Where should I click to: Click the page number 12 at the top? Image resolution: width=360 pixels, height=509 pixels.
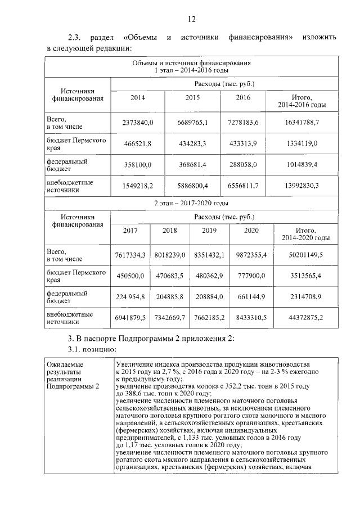191,19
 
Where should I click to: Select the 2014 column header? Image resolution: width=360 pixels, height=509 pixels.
137,97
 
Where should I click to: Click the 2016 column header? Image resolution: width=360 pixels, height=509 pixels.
243,97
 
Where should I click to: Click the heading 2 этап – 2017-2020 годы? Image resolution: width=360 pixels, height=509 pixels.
191,202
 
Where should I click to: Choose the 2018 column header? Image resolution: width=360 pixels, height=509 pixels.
169,230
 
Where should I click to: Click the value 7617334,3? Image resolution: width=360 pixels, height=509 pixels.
130,255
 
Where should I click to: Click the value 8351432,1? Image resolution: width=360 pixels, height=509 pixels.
209,255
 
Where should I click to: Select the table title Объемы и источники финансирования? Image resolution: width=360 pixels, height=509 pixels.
191,64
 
